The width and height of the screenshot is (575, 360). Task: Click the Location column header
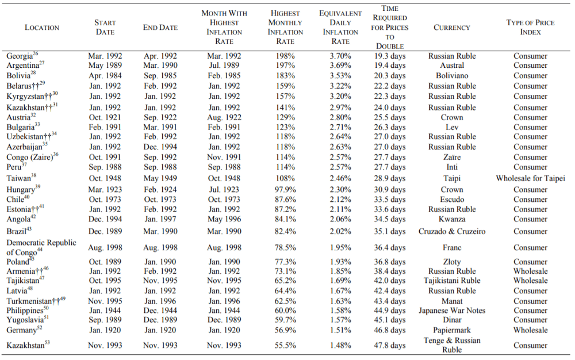(42, 28)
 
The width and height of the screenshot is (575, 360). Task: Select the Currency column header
(452, 28)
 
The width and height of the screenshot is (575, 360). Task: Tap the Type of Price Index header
(530, 27)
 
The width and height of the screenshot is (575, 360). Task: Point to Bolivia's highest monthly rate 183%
(285, 75)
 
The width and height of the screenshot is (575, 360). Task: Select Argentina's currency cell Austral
(452, 65)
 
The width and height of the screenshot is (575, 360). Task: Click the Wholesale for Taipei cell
(530, 178)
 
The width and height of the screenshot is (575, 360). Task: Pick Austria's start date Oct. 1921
(105, 117)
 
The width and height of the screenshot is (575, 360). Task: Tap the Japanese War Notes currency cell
(452, 311)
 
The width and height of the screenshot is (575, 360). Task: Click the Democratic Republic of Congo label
(41, 247)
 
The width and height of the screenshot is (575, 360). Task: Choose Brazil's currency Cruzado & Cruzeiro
(452, 231)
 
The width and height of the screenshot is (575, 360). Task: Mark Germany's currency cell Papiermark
(452, 330)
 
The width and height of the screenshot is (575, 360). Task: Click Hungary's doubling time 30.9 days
(390, 190)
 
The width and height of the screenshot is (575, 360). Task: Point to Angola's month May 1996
(224, 219)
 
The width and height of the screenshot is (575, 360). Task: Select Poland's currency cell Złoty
(452, 262)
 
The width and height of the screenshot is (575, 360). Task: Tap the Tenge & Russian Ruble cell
(452, 345)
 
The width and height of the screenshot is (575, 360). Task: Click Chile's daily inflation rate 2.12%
(340, 200)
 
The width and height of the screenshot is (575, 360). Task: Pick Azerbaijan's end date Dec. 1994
(160, 147)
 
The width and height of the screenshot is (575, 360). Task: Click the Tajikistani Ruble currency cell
(452, 281)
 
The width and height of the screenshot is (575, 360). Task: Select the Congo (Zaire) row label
(32, 157)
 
